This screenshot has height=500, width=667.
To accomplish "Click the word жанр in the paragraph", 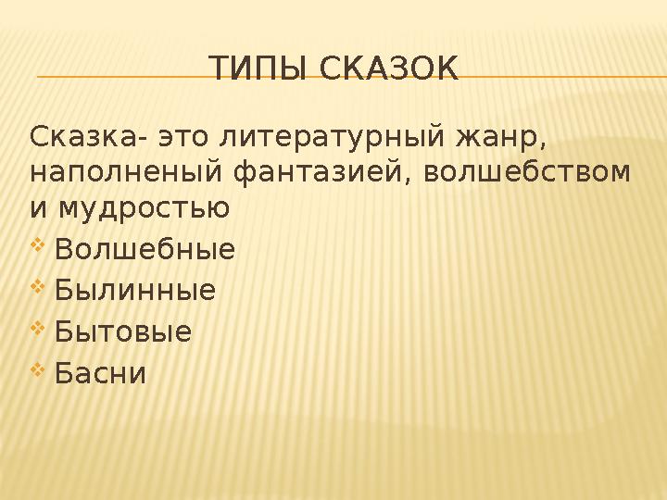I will pyautogui.click(x=498, y=139).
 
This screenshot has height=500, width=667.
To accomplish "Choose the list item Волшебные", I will pyautogui.click(x=145, y=250).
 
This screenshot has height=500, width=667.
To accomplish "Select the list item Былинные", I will pyautogui.click(x=134, y=291).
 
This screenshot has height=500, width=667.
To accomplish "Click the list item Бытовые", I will pyautogui.click(x=123, y=331).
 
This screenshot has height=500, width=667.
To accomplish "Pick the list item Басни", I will pyautogui.click(x=100, y=373).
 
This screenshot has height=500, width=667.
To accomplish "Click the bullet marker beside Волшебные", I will pyautogui.click(x=38, y=248).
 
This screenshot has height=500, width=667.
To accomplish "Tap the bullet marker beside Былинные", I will pyautogui.click(x=38, y=289).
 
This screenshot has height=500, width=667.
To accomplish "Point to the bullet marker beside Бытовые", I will pyautogui.click(x=38, y=330).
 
